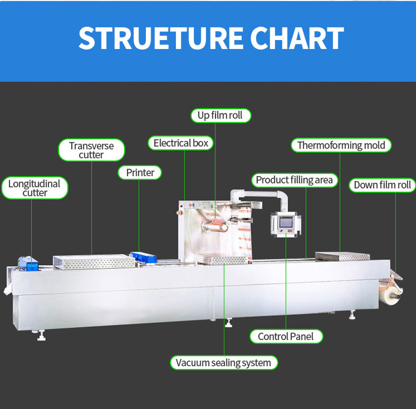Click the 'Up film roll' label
(221, 115)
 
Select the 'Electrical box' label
(181, 143)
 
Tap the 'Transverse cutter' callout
(91, 150)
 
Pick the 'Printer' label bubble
(140, 173)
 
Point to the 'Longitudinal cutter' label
(34, 188)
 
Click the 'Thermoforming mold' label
(341, 145)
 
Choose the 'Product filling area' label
(294, 180)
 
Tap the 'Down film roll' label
(382, 185)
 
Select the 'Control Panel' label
(286, 336)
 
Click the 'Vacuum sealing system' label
(224, 363)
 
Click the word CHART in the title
(297, 38)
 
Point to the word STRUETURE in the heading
(161, 38)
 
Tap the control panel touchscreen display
(286, 222)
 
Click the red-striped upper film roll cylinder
(216, 226)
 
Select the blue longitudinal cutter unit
(28, 264)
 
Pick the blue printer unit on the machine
(143, 258)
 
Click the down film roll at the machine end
(391, 295)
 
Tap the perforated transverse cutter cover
(94, 261)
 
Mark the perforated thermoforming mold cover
(342, 256)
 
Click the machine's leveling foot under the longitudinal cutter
(41, 336)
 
